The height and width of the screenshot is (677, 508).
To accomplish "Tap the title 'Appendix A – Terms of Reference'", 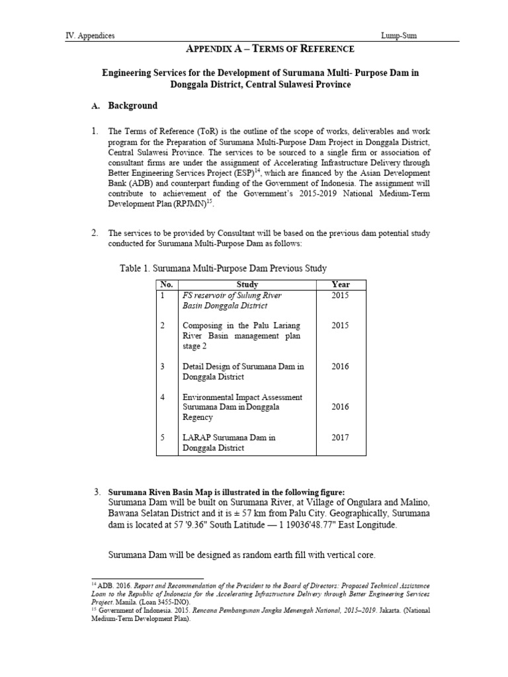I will point(260,49).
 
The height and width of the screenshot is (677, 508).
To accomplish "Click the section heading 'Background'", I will point(133,106).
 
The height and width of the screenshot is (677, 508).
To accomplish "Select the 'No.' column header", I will point(166,285).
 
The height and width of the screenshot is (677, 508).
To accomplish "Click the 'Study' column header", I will point(246,285).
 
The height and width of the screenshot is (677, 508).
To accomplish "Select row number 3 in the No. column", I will point(162,366).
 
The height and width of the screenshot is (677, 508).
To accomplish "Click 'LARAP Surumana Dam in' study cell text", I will point(229,438).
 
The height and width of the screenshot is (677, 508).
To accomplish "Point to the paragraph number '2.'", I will point(95,233).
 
